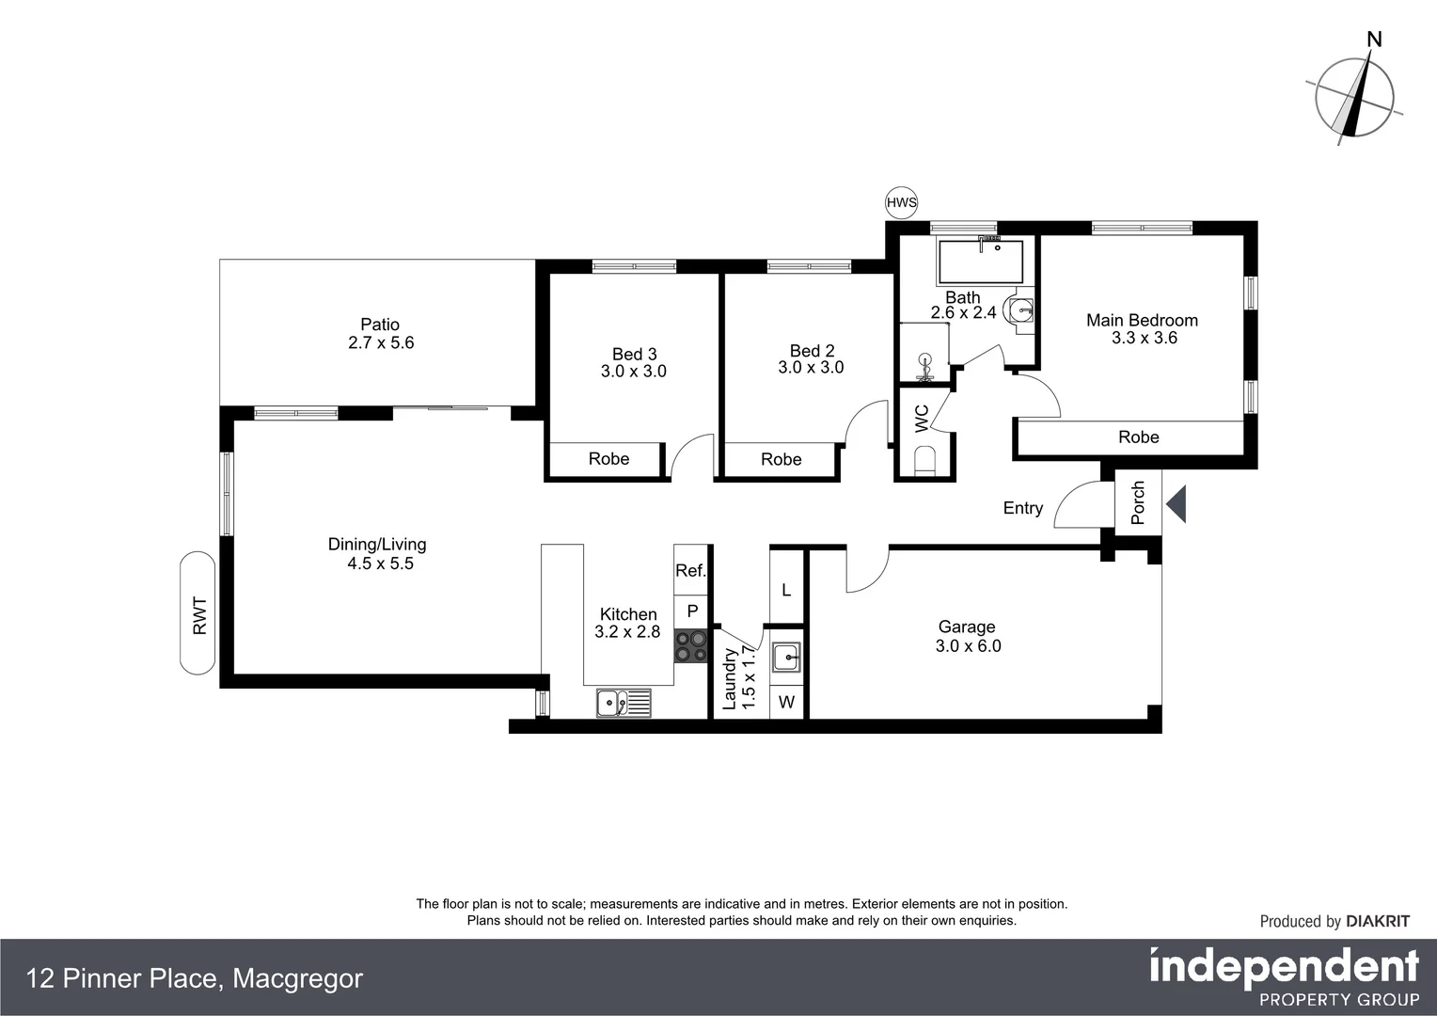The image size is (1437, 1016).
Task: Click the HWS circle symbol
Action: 901,202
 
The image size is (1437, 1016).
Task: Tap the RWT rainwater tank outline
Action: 198,612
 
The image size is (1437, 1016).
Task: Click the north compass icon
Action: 1354,94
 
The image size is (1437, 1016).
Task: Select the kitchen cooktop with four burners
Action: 691,645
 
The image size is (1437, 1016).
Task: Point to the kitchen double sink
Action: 623,702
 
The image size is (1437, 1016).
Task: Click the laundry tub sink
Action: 786,657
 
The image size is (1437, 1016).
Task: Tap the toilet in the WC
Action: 925,461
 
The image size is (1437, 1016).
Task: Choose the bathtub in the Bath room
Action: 980,262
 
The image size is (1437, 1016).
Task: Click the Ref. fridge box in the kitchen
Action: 691,570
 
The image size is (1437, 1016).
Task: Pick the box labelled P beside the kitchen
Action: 692,611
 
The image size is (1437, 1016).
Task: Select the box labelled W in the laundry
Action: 786,703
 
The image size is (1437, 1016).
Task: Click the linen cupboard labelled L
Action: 786,590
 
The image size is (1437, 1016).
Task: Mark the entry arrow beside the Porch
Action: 1176,504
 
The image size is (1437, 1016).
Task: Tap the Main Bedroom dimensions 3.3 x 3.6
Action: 1144,338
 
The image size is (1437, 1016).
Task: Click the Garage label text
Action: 966,627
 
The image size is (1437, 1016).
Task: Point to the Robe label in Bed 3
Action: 608,459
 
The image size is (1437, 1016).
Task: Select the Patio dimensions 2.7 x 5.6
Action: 381,342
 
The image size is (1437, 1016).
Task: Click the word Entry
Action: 1022,508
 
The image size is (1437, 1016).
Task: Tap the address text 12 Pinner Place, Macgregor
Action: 195,978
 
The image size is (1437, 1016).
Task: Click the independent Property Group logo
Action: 1284,977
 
